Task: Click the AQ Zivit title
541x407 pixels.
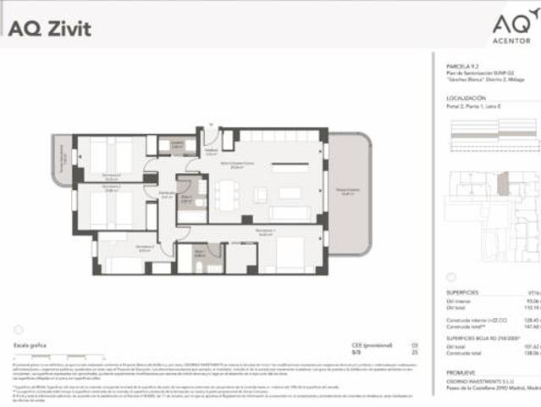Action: point(50,28)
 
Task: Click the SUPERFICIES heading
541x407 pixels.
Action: point(462,289)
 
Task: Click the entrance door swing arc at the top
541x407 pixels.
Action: point(210,136)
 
